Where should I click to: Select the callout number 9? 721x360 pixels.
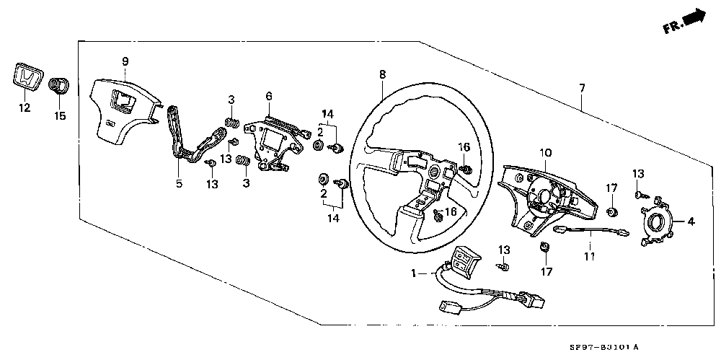tap(125, 61)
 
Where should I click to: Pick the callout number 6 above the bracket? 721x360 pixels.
tap(268, 96)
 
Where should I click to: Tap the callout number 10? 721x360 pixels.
tap(545, 153)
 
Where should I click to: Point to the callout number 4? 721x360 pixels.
tap(691, 222)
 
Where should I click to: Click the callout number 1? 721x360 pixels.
tap(415, 274)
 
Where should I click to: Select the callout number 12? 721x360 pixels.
tap(25, 108)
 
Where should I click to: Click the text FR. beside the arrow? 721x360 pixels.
tap(672, 27)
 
